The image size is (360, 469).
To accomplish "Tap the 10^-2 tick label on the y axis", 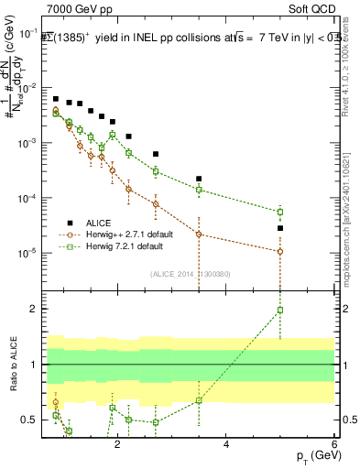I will click(x=30, y=88).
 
